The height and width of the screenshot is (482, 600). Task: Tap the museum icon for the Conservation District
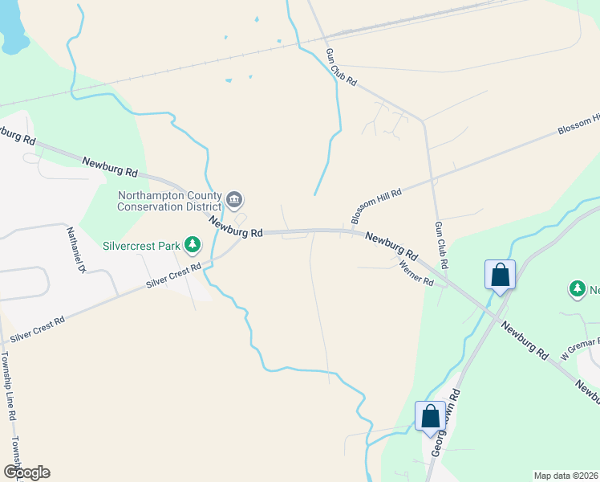235,199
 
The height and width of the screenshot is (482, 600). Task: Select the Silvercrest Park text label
140,245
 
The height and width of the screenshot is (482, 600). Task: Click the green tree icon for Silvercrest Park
192,243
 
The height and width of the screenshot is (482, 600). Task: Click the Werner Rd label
416,273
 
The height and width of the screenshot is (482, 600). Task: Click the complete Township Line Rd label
8,387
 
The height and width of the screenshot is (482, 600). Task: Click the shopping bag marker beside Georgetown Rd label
430,416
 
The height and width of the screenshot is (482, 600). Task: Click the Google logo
26,472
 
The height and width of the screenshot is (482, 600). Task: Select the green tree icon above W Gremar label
576,288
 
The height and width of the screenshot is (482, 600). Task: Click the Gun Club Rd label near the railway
340,67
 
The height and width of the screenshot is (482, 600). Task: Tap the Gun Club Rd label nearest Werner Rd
441,245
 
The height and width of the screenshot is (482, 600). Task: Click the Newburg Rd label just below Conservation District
236,227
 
